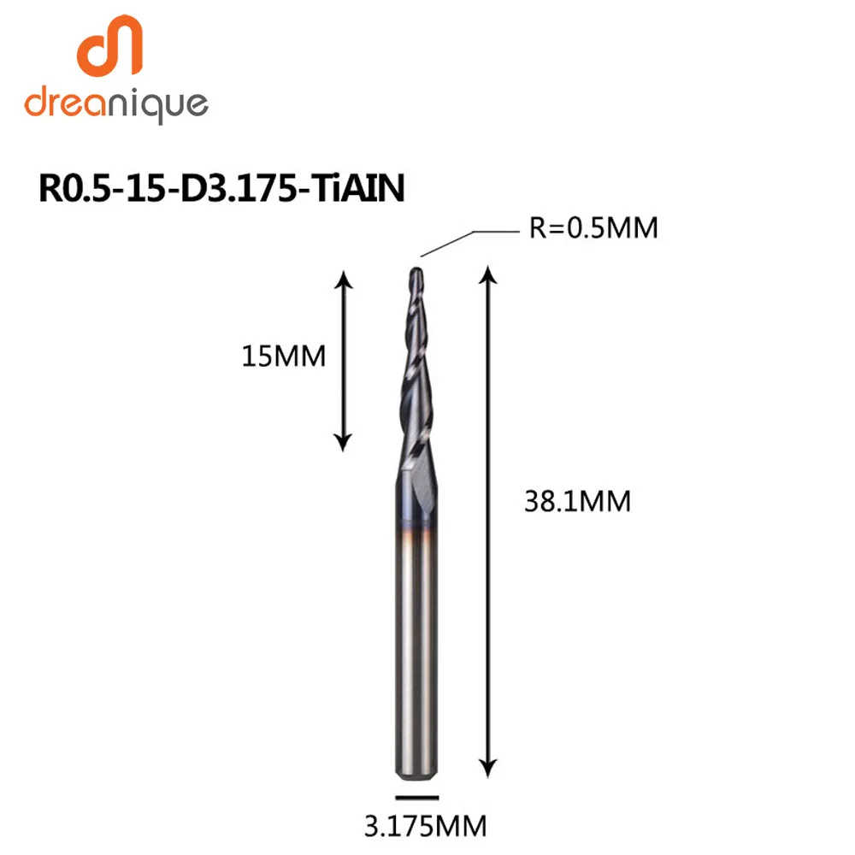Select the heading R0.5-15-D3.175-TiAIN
tap(221, 188)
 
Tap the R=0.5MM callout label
tap(593, 229)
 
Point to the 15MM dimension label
tap(284, 355)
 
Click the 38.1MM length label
tap(578, 501)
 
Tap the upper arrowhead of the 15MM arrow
tap(343, 280)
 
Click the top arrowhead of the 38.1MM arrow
tap(487, 273)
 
